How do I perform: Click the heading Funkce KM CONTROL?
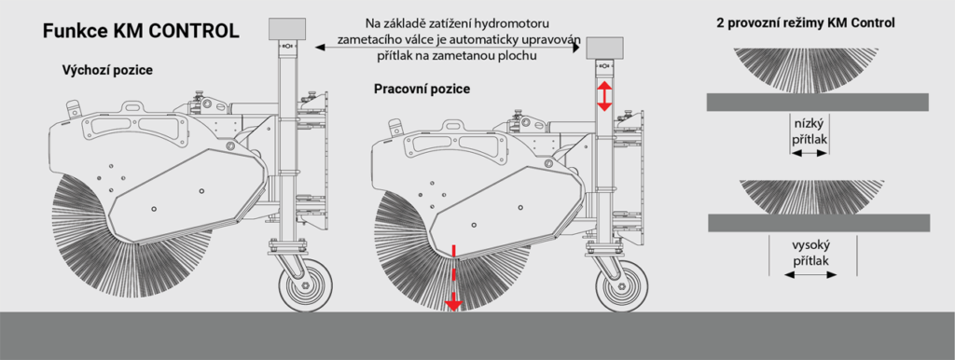(x=140, y=32)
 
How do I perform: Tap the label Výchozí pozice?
(x=107, y=70)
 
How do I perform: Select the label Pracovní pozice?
(x=422, y=89)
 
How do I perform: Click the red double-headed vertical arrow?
(x=603, y=96)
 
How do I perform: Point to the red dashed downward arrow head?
(x=452, y=301)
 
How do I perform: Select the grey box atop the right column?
(x=603, y=47)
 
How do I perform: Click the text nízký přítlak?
(x=810, y=131)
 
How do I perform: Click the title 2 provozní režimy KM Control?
(x=806, y=24)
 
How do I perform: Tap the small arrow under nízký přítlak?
(x=810, y=155)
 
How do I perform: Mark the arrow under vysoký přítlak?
(x=810, y=275)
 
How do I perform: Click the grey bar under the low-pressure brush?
(x=817, y=103)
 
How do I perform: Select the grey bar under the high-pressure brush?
(x=819, y=223)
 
